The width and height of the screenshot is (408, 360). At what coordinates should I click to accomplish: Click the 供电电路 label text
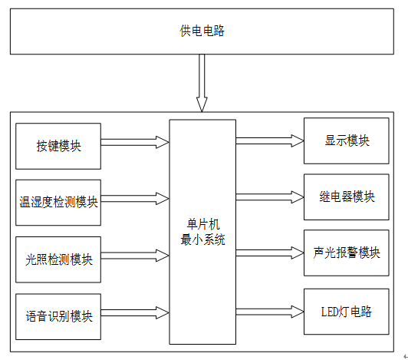coord(202,31)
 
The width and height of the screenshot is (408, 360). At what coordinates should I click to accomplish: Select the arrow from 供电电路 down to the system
coord(202,83)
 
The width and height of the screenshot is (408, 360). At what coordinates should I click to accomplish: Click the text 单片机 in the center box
coord(203,224)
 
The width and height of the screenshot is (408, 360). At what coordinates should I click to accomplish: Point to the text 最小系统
coord(202,239)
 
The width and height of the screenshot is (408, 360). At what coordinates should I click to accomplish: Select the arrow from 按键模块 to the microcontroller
coord(135,142)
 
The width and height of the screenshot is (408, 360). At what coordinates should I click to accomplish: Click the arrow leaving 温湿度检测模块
coord(135,199)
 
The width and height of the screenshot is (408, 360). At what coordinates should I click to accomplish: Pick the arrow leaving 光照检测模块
coord(135,256)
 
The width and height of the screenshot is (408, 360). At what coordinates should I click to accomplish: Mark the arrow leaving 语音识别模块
coord(135,312)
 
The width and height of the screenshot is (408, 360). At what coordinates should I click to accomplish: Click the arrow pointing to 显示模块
coord(270,140)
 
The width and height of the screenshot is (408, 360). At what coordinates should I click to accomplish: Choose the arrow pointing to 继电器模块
coord(270,197)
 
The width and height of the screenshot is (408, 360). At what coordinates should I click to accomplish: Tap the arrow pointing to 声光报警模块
coord(270,253)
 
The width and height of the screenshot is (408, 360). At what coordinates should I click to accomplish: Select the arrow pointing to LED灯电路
coord(270,312)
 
